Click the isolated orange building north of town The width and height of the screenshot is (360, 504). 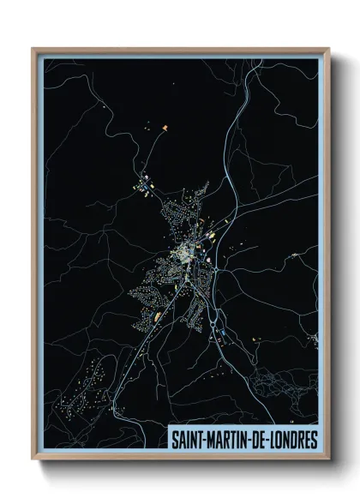[163, 126]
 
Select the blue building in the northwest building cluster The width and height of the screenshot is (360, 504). [146, 182]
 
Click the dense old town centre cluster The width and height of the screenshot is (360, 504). [184, 253]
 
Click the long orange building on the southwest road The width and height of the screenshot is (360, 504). [157, 317]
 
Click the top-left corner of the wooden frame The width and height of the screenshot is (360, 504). [33, 49]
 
